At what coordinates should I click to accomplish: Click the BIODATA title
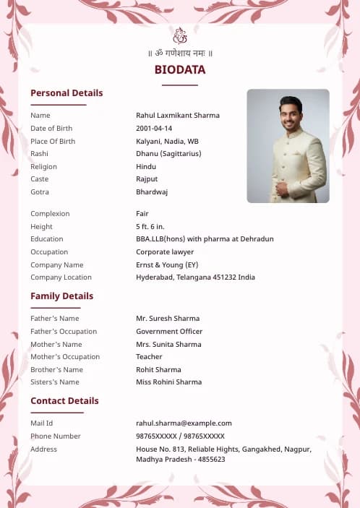(x=180, y=70)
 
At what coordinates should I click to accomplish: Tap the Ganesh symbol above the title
(x=180, y=35)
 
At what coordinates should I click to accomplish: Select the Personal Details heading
(x=67, y=93)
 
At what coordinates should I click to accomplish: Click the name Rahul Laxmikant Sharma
(x=178, y=116)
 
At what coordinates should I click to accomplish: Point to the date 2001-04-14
(x=154, y=129)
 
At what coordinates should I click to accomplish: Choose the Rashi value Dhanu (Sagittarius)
(x=168, y=154)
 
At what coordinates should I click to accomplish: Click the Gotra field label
(x=40, y=192)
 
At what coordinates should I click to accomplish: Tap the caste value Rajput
(x=147, y=179)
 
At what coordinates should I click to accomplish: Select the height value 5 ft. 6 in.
(x=150, y=227)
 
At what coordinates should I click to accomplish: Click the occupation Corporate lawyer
(x=165, y=252)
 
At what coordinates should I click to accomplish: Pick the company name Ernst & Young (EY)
(x=167, y=265)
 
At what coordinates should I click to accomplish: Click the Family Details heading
(x=61, y=296)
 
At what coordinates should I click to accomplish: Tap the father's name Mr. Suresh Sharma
(x=168, y=319)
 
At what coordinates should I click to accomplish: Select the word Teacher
(x=149, y=357)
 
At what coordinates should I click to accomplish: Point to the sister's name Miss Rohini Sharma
(x=168, y=382)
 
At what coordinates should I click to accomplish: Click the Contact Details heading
(x=64, y=401)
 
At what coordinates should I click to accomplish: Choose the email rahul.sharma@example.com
(x=184, y=423)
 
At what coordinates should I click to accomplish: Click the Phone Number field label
(x=56, y=436)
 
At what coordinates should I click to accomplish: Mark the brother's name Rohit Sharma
(x=158, y=370)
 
